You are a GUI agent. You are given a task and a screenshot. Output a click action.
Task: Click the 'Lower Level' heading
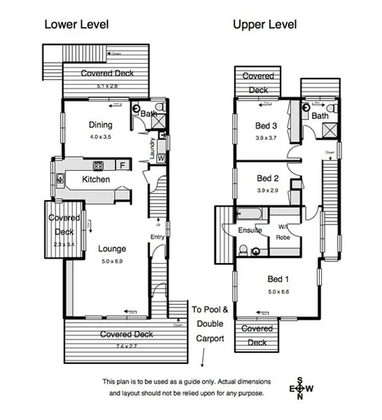click(x=76, y=24)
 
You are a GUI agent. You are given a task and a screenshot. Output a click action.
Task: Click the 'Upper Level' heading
click(x=265, y=24)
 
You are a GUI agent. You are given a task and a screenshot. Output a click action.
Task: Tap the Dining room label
click(x=100, y=125)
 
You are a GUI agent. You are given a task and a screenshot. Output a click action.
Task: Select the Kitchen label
click(x=96, y=179)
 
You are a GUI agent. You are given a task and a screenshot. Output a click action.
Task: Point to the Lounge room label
click(x=111, y=248)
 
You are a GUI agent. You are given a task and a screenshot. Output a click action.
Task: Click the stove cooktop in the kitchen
click(x=99, y=165)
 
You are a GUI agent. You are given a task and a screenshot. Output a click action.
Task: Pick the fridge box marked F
click(x=121, y=165)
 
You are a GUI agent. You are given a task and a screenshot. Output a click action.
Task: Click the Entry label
click(x=157, y=236)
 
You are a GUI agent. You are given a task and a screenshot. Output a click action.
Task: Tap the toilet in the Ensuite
click(x=242, y=249)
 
